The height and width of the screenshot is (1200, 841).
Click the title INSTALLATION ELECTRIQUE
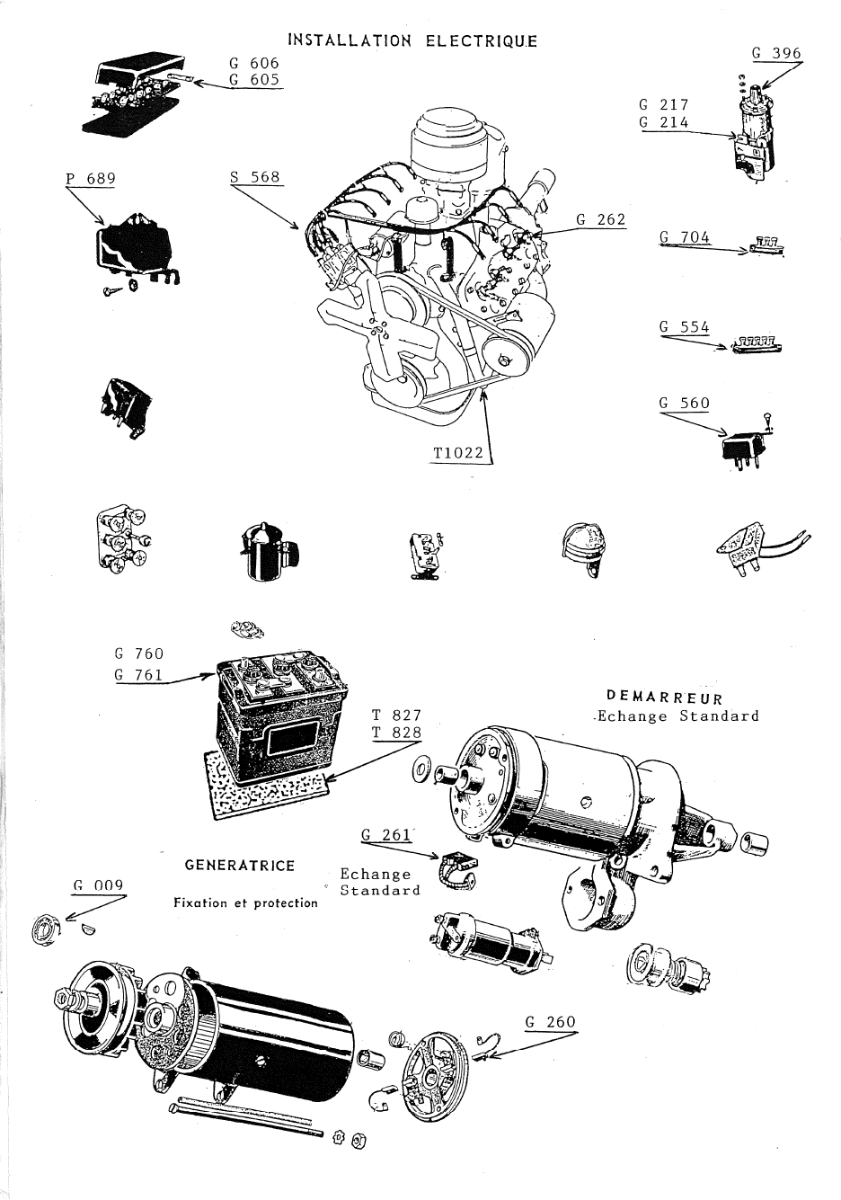pyautogui.click(x=412, y=40)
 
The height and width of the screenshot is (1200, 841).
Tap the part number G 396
pyautogui.click(x=776, y=53)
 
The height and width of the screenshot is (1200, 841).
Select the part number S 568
pyautogui.click(x=255, y=177)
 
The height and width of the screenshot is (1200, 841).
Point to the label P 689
pyautogui.click(x=91, y=178)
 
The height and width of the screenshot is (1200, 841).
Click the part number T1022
pyautogui.click(x=458, y=454)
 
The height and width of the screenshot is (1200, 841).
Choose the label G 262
pyautogui.click(x=600, y=218)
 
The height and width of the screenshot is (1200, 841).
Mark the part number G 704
pyautogui.click(x=684, y=237)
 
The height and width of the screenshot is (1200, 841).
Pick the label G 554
pyautogui.click(x=684, y=327)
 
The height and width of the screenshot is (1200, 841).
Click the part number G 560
pyautogui.click(x=684, y=403)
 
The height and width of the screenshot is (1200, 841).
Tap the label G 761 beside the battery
pyautogui.click(x=139, y=673)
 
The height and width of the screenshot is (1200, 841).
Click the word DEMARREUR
pyautogui.click(x=665, y=697)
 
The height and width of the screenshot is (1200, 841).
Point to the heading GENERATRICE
pyautogui.click(x=239, y=866)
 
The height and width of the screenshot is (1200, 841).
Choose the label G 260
pyautogui.click(x=550, y=1022)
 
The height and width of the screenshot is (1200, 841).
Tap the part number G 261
pyautogui.click(x=386, y=834)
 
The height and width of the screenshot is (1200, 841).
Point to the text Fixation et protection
pyautogui.click(x=245, y=903)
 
